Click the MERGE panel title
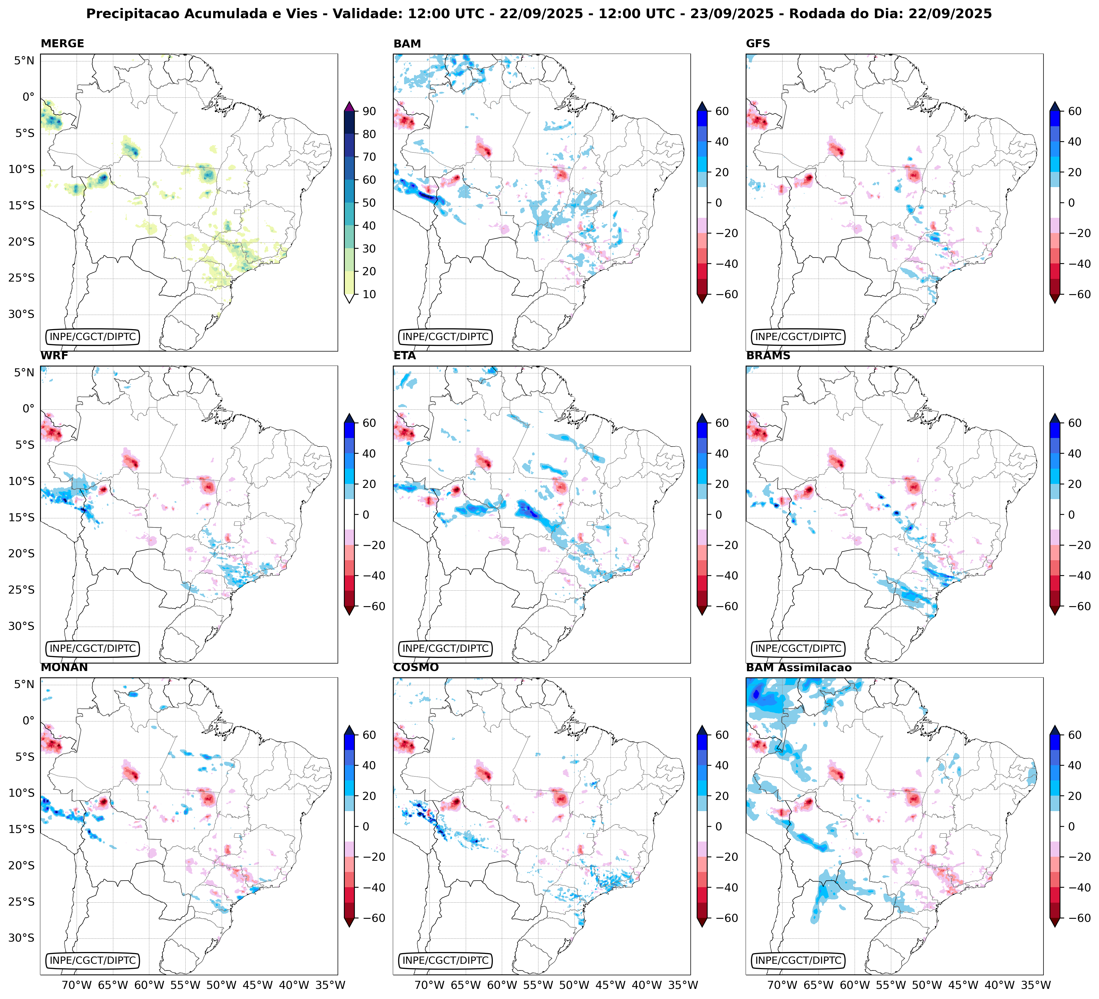[x=62, y=44]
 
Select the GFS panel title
[x=758, y=44]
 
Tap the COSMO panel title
[x=415, y=668]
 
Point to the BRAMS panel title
[x=768, y=356]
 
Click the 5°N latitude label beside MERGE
[x=24, y=61]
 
